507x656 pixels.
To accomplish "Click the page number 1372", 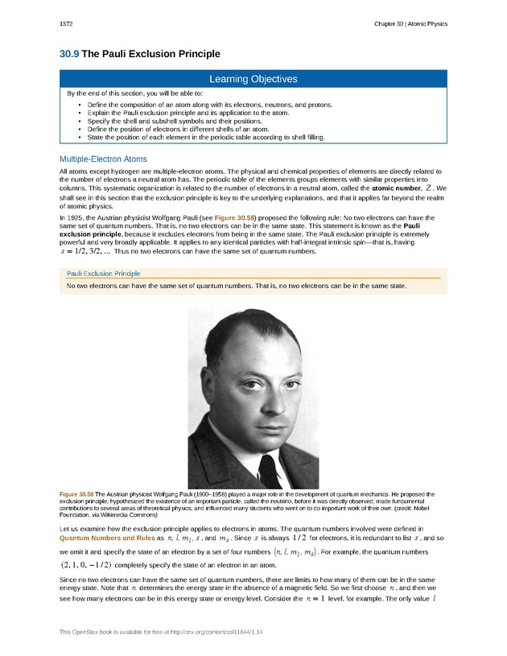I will tap(67, 24).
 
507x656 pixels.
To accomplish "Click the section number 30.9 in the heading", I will tap(69, 54).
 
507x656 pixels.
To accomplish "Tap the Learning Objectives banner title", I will tap(253, 79).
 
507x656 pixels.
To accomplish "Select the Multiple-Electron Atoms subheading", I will tap(103, 159).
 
